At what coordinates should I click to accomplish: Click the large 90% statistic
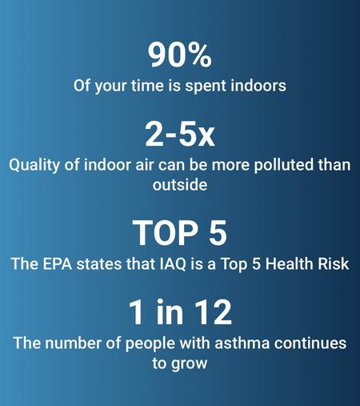tap(180, 55)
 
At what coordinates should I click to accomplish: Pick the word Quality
tap(34, 166)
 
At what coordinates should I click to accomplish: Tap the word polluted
tap(283, 165)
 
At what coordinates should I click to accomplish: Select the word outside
tap(180, 185)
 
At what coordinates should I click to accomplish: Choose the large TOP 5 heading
tap(180, 233)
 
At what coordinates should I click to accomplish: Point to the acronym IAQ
tap(173, 264)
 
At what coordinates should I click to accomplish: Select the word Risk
tap(330, 263)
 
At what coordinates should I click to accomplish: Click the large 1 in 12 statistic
tap(180, 312)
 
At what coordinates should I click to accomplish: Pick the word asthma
tap(242, 343)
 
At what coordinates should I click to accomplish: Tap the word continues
tap(310, 343)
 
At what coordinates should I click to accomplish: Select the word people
tap(150, 344)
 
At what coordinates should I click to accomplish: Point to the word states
tap(98, 263)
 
